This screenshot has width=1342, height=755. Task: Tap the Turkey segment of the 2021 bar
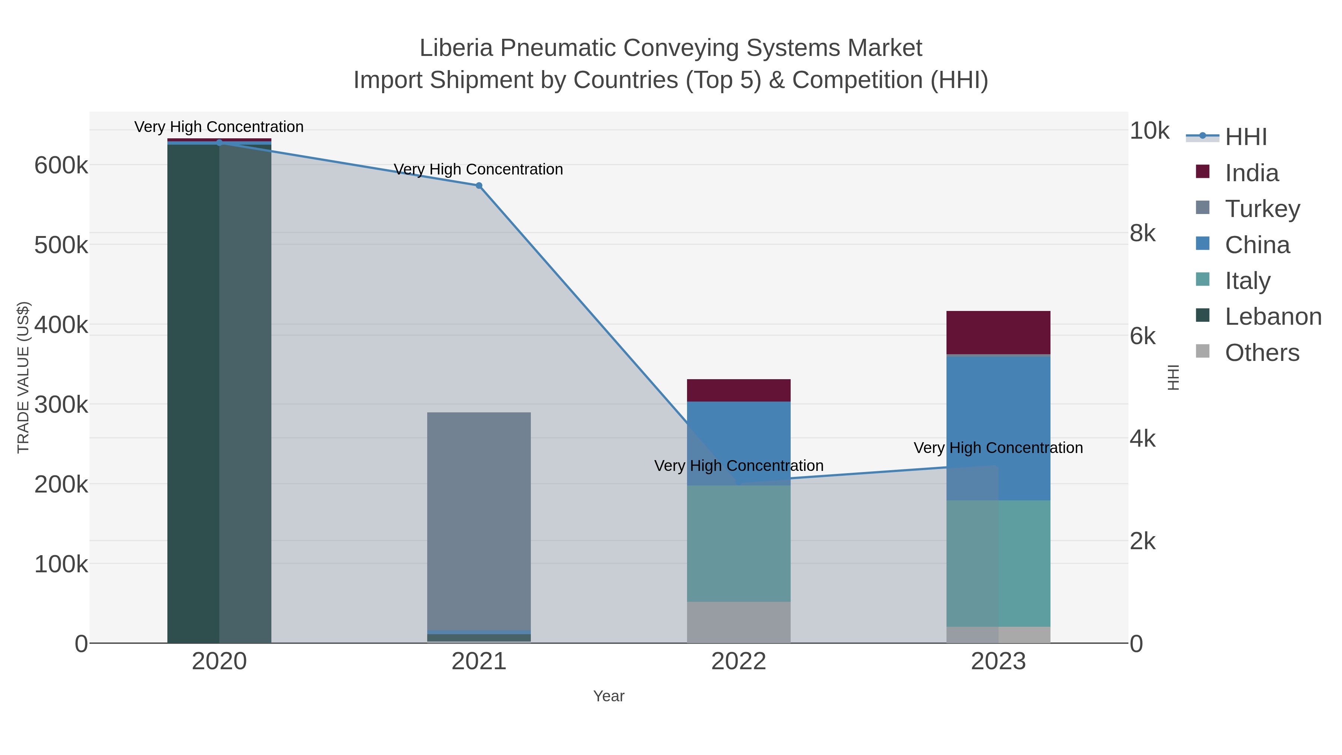[478, 521]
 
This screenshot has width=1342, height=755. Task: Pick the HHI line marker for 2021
[479, 186]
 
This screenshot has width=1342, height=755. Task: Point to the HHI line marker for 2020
[219, 143]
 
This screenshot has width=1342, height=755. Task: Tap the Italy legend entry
[1247, 280]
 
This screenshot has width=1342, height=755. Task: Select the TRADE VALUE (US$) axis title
[23, 377]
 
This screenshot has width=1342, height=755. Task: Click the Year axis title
[608, 696]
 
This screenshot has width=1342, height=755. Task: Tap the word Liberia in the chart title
[456, 48]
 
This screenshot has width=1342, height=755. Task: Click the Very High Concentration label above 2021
[478, 169]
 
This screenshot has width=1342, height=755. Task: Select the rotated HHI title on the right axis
[1173, 377]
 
